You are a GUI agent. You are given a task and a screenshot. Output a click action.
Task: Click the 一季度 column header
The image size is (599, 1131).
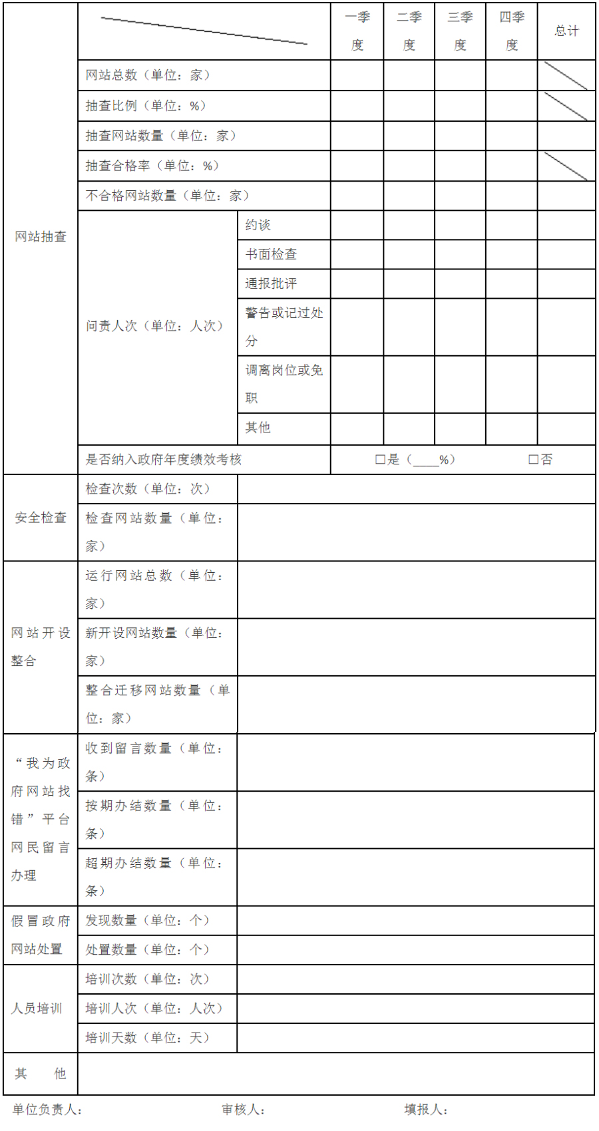pos(357,31)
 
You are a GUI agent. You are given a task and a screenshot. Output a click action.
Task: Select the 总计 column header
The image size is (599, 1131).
pos(567,31)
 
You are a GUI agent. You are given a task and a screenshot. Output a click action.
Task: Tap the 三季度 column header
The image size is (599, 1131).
pos(460,31)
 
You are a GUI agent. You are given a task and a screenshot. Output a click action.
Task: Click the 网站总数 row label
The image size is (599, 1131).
pos(148,75)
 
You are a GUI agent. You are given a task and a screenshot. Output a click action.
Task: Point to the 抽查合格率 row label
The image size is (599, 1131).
pos(152,166)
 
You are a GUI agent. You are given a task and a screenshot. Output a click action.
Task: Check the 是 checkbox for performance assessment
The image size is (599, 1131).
pos(380,459)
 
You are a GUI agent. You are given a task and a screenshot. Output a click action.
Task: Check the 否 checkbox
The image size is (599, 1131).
pos(533,459)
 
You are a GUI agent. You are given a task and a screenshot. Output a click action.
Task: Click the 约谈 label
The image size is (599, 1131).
pos(258,225)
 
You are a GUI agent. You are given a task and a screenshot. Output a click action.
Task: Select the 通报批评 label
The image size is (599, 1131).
pos(271,283)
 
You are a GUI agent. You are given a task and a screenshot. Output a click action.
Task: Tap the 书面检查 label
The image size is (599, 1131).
pos(271,254)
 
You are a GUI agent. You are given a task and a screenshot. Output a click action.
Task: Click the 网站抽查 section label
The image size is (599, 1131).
pos(41,237)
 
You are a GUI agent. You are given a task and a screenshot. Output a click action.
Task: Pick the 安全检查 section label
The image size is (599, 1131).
pos(41,518)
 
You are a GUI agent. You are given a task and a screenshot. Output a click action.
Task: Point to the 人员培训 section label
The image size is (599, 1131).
pos(37,1009)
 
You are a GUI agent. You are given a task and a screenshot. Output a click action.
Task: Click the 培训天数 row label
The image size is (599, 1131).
pos(148,1038)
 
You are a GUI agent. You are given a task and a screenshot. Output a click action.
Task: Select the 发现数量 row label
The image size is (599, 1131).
pos(148,921)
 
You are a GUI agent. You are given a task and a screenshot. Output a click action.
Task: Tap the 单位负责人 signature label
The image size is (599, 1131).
pos(47,1109)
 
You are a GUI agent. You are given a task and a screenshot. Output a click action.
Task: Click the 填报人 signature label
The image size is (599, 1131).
pos(426,1109)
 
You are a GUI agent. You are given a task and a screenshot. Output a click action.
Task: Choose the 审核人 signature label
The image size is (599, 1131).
pos(244,1109)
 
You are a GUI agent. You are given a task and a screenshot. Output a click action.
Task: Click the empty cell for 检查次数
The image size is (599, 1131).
pos(416,489)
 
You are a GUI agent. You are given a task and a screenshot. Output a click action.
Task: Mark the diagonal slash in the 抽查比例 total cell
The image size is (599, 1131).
pos(566,106)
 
